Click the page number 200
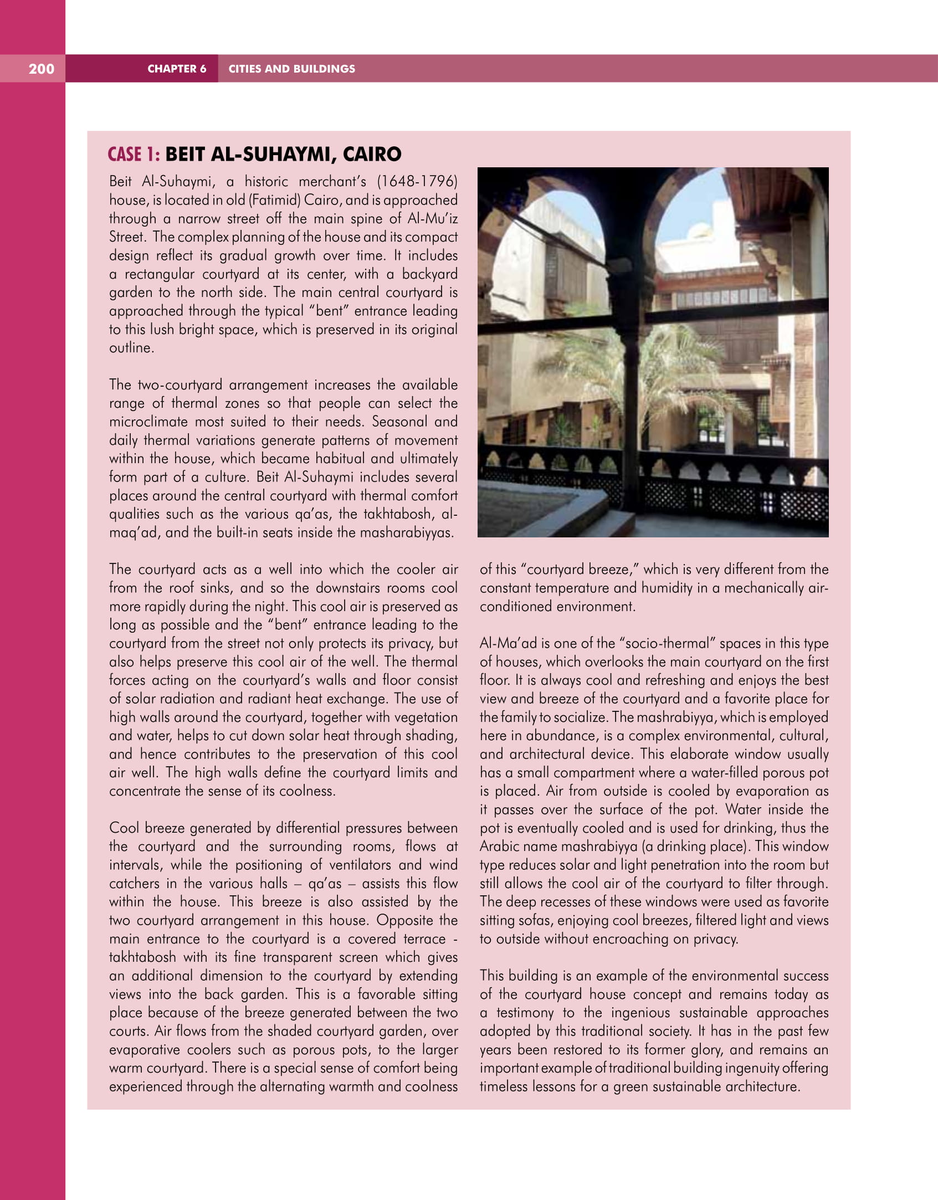pos(42,69)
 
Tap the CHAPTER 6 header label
pos(177,69)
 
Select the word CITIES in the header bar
pos(245,69)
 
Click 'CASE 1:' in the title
pos(134,154)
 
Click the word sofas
pos(536,920)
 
